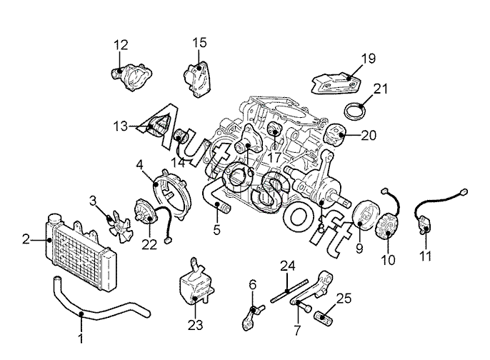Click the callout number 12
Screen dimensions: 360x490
pos(119,45)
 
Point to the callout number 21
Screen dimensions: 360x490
pos(381,89)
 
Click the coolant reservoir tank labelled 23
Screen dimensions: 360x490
pos(194,286)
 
